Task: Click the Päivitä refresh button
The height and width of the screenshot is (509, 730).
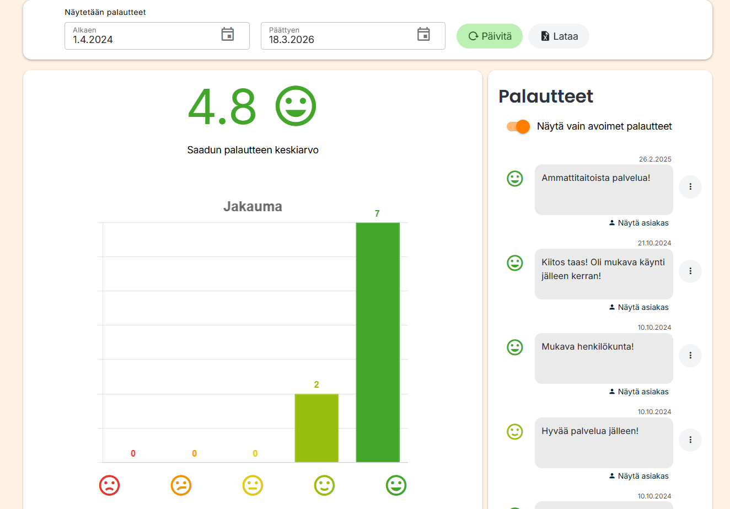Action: pyautogui.click(x=489, y=36)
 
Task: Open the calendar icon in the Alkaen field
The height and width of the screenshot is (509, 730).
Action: pyautogui.click(x=228, y=34)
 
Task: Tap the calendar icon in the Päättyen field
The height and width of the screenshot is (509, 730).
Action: pyautogui.click(x=423, y=34)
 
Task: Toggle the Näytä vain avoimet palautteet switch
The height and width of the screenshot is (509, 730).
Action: pyautogui.click(x=518, y=126)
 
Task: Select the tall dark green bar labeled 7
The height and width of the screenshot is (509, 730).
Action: pyautogui.click(x=378, y=342)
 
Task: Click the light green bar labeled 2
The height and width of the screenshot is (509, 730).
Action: pyautogui.click(x=316, y=427)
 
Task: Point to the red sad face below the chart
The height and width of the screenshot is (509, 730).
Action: pyautogui.click(x=109, y=485)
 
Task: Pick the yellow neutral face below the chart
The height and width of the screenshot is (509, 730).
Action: pyautogui.click(x=253, y=485)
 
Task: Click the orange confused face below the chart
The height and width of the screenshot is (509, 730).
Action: pyautogui.click(x=181, y=485)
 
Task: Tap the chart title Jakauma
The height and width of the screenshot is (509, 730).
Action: pyautogui.click(x=253, y=207)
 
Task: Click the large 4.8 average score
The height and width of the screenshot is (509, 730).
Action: pyautogui.click(x=222, y=106)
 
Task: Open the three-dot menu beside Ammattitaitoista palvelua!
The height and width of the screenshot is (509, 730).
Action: pyautogui.click(x=690, y=187)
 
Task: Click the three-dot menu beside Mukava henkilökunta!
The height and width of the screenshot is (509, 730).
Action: pyautogui.click(x=690, y=356)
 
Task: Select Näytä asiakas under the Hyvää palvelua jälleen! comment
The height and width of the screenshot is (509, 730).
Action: pyautogui.click(x=639, y=476)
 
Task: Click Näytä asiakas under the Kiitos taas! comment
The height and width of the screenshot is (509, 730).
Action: pyautogui.click(x=639, y=307)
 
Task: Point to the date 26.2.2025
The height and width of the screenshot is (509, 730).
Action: pyautogui.click(x=655, y=159)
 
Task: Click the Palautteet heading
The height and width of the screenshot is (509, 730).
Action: pyautogui.click(x=546, y=97)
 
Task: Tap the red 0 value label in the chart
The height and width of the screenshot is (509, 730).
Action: pyautogui.click(x=133, y=453)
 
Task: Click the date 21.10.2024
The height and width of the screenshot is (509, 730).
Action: pyautogui.click(x=654, y=243)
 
